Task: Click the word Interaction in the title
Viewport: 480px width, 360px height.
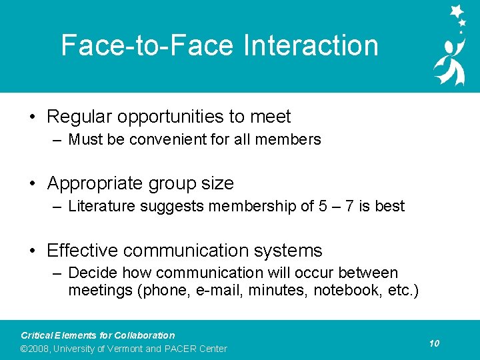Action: [x=311, y=46]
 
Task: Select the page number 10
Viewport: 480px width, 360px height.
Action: [x=434, y=343]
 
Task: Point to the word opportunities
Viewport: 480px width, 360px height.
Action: [x=171, y=117]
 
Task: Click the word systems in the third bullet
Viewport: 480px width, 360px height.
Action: [x=289, y=251]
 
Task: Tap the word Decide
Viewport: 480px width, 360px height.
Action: [x=90, y=273]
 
